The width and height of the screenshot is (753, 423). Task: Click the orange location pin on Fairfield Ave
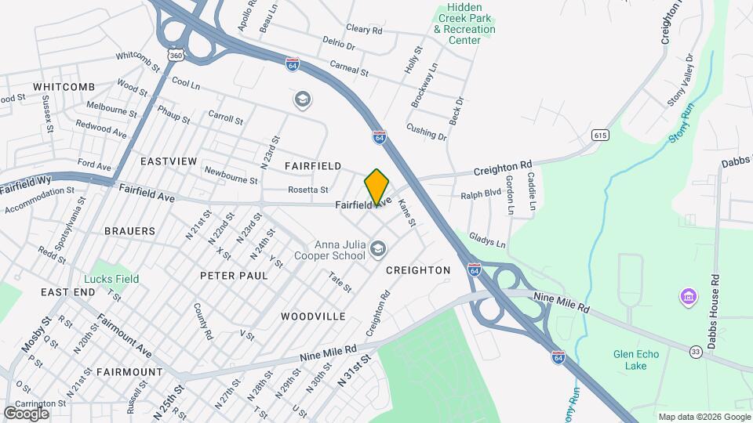(376, 186)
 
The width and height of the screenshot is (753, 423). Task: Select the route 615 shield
(601, 136)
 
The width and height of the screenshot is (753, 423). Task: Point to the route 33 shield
(696, 352)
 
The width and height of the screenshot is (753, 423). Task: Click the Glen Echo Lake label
(636, 360)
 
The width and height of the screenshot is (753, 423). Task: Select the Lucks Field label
(112, 279)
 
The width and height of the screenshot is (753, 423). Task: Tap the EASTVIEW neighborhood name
(169, 161)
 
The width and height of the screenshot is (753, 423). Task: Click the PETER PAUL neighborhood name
(234, 276)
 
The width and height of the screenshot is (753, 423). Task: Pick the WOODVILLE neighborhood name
(313, 316)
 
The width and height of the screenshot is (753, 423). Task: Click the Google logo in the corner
(26, 413)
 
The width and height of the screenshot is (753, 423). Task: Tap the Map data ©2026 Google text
(704, 417)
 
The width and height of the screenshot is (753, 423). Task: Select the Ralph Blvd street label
(481, 194)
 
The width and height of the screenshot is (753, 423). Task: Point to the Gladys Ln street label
(487, 238)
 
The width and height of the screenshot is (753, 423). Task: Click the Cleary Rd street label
(364, 30)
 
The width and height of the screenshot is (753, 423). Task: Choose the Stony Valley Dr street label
(680, 80)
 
